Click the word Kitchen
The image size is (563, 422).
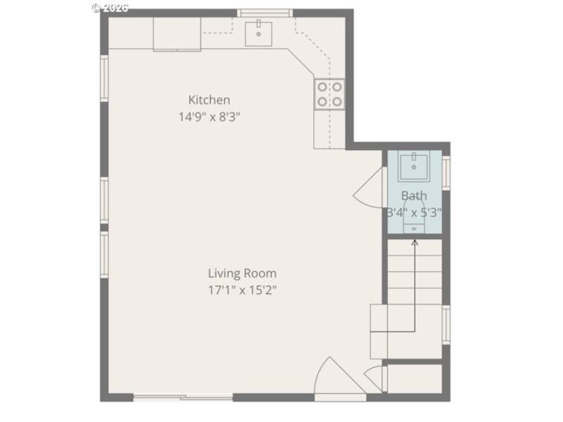click(209, 100)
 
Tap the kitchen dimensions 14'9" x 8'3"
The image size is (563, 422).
click(209, 117)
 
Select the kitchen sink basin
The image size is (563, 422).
click(259, 32)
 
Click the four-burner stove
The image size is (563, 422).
click(329, 94)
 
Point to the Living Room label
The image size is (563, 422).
click(242, 273)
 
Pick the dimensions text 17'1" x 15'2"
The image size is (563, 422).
click(242, 290)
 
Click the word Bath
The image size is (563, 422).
click(414, 196)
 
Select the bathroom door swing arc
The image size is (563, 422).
click(369, 188)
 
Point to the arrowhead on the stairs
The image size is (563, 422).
click(415, 243)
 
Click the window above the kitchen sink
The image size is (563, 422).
click(265, 12)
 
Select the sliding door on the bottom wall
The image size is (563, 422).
click(183, 398)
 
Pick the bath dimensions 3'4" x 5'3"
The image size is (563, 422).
click(414, 212)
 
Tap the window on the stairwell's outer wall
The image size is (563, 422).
click(446, 324)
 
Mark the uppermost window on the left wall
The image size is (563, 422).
click(104, 77)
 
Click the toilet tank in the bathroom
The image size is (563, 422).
click(414, 228)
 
